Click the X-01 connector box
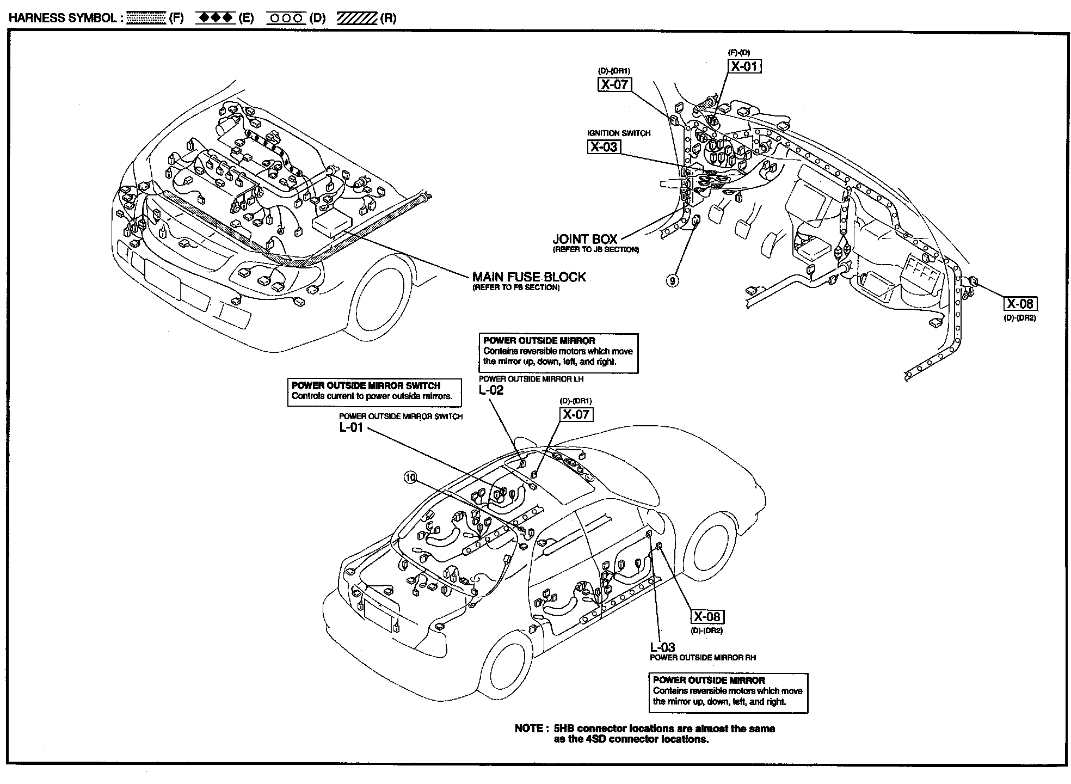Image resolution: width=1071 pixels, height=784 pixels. (x=744, y=66)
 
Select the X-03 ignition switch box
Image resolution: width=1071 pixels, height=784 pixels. (x=604, y=146)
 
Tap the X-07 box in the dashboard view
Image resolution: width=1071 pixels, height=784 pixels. (x=614, y=84)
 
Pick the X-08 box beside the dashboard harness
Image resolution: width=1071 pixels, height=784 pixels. (x=1020, y=304)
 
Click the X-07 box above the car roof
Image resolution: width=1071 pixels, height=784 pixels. (x=576, y=414)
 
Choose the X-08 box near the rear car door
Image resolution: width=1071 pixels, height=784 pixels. (x=707, y=616)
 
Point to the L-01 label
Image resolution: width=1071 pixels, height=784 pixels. (x=351, y=427)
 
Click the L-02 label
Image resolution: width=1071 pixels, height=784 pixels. (x=491, y=390)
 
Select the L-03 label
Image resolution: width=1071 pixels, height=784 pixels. (x=662, y=647)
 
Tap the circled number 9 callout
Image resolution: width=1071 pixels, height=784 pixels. (x=673, y=280)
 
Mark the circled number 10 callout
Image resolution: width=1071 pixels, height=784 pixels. (x=410, y=477)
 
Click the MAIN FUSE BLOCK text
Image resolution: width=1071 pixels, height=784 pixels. (x=529, y=277)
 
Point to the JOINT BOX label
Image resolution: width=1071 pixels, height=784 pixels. (x=585, y=239)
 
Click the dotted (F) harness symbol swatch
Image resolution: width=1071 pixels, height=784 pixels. (x=146, y=18)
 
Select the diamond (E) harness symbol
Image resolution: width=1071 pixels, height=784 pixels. (x=216, y=18)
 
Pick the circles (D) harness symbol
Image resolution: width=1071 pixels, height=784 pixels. (x=286, y=18)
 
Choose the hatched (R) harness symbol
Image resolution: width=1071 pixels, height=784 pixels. (x=357, y=18)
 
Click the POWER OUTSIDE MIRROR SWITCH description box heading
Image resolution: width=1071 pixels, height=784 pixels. (x=366, y=385)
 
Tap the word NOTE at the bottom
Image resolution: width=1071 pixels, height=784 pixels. (x=529, y=728)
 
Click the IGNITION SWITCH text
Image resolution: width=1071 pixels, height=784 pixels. (x=619, y=133)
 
